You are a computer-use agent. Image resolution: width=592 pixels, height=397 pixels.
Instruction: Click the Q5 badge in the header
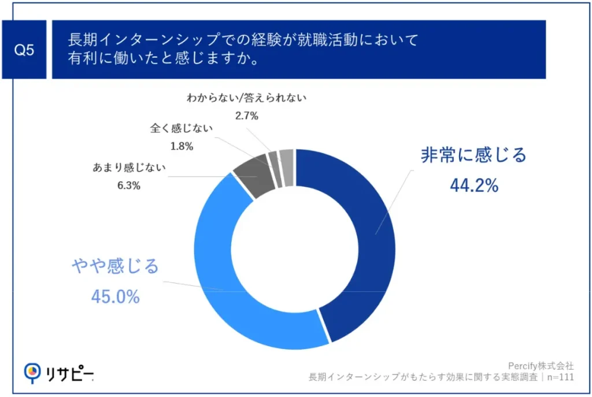point(24,50)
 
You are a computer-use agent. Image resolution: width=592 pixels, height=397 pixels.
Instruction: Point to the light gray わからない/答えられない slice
point(287,168)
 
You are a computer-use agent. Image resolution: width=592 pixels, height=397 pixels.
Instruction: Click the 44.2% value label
point(473,185)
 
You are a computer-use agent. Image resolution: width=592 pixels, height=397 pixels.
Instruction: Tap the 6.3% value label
point(129,185)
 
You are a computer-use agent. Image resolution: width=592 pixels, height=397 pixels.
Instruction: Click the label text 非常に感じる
point(473,155)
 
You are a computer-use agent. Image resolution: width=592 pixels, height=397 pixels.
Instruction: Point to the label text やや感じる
point(115,267)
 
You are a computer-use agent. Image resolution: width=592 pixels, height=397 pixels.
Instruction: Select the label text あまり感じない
point(129,168)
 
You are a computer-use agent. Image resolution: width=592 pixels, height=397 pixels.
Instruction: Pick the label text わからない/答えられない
point(246,98)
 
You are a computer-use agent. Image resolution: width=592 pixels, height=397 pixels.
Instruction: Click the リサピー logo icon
point(32,373)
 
